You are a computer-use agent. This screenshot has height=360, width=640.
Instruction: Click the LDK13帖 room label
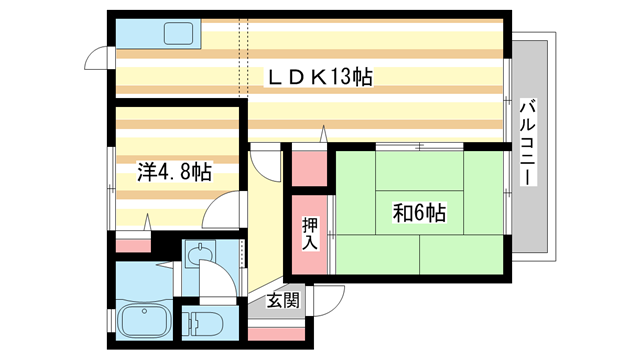click(x=318, y=77)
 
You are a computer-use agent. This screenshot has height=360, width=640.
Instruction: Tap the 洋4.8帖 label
click(x=174, y=172)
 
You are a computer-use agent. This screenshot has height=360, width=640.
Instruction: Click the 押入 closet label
click(x=309, y=236)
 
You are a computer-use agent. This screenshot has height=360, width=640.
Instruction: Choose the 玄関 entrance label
click(x=283, y=299)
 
